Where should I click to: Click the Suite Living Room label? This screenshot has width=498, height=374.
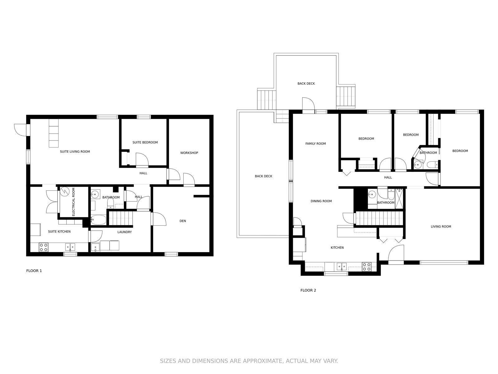point(75,151)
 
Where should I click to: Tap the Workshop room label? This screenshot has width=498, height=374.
point(189,153)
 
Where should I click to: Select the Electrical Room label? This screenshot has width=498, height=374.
point(73,202)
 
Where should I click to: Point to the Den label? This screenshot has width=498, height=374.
point(183,221)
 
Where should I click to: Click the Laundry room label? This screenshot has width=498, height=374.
point(125,232)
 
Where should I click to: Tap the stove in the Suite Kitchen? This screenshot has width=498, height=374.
point(43,247)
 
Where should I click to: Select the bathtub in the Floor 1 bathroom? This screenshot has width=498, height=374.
point(98,220)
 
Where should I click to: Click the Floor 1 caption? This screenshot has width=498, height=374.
point(34,271)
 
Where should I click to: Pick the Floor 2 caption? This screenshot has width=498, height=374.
point(308,290)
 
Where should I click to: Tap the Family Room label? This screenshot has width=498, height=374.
point(315,143)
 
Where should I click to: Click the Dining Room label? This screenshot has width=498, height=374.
point(321,201)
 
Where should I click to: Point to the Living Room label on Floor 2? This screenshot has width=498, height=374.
point(441,226)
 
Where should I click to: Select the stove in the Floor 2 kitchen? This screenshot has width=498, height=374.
point(366,266)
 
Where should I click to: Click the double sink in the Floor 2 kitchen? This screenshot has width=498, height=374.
point(341,266)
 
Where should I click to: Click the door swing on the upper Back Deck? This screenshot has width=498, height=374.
point(308,103)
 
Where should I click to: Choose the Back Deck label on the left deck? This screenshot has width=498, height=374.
point(263,176)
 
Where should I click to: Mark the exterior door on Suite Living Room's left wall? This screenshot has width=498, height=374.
point(22,130)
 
